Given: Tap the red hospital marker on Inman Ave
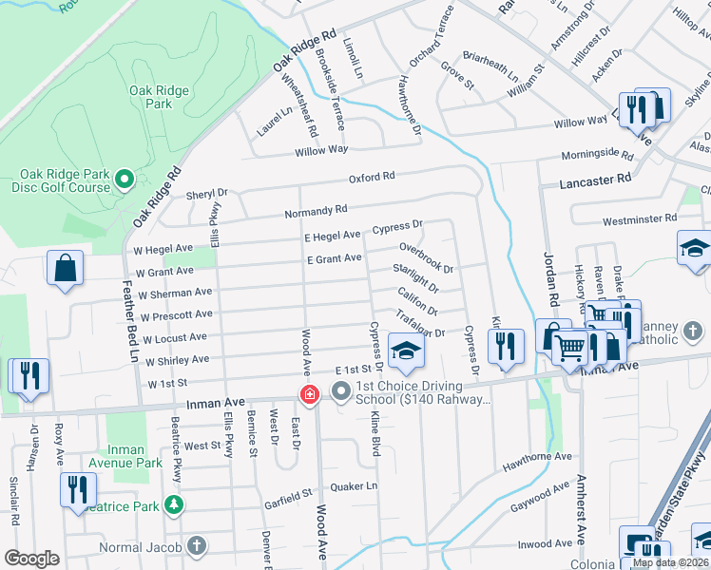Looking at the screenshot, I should pyautogui.click(x=309, y=393).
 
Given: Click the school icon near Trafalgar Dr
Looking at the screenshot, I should pyautogui.click(x=406, y=353).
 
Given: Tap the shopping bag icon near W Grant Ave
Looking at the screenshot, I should pyautogui.click(x=65, y=271).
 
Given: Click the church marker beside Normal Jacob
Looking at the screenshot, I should pyautogui.click(x=196, y=546).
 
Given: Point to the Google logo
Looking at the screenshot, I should pyautogui.click(x=31, y=559).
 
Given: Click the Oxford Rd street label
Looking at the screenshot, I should pyautogui.click(x=371, y=177).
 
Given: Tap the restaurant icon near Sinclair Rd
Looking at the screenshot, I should pyautogui.click(x=28, y=376).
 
